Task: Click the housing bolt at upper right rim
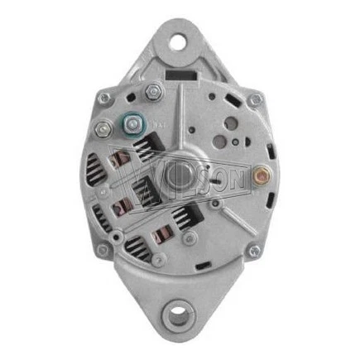[255, 99]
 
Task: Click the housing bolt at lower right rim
[256, 250]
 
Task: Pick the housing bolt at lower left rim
[103, 249]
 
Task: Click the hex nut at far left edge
[102, 128]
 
